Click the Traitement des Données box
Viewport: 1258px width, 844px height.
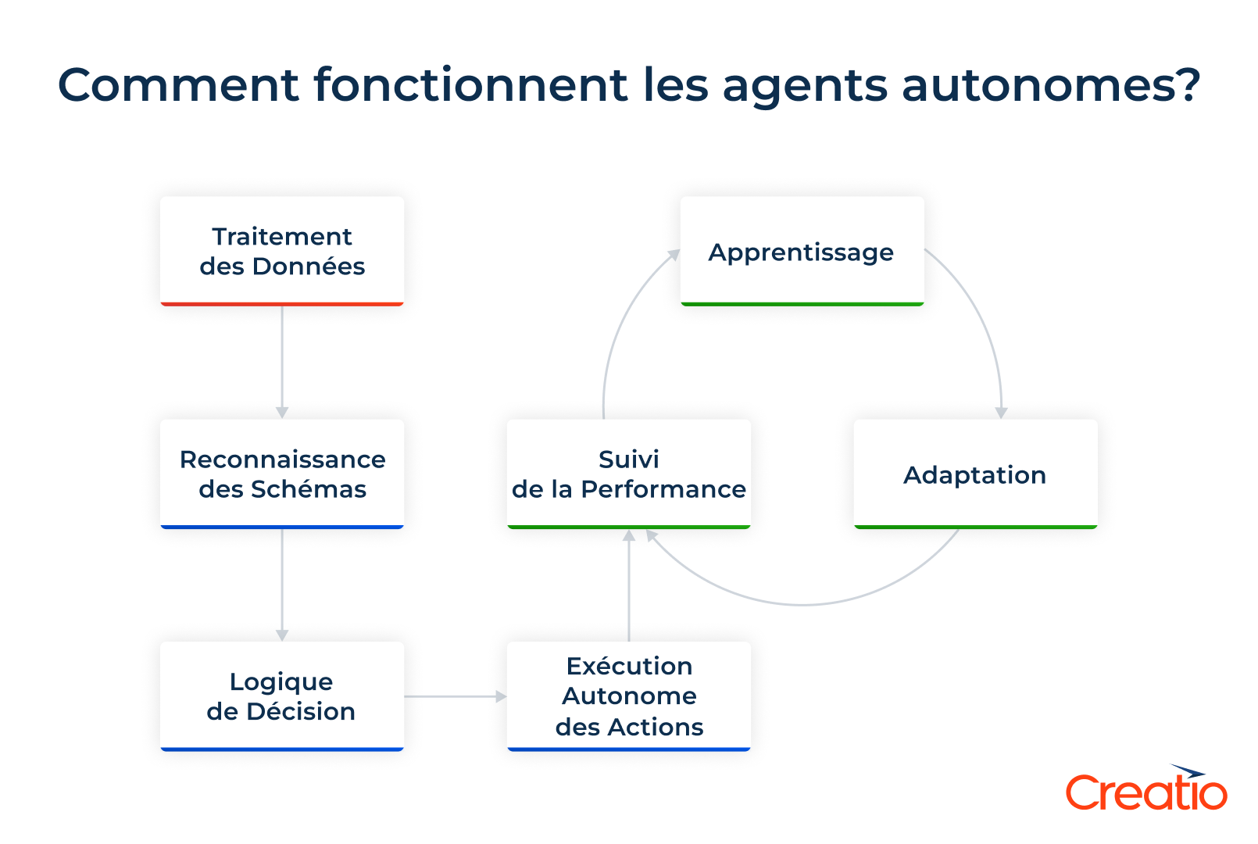pyautogui.click(x=282, y=251)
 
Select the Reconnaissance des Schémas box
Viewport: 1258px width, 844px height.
pyautogui.click(x=282, y=474)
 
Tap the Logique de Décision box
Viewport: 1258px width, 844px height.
pyautogui.click(x=282, y=696)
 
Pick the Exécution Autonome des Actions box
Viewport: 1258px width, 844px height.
pyautogui.click(x=629, y=696)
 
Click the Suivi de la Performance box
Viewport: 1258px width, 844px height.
pyautogui.click(x=629, y=474)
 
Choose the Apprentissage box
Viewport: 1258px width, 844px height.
pyautogui.click(x=802, y=251)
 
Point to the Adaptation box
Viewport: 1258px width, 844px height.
pyautogui.click(x=975, y=474)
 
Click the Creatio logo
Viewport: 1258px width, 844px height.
pyautogui.click(x=1146, y=789)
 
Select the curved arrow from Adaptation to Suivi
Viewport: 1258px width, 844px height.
pyautogui.click(x=805, y=604)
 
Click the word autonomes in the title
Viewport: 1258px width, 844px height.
pyautogui.click(x=1050, y=84)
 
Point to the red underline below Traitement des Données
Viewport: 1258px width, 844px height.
pyautogui.click(x=282, y=304)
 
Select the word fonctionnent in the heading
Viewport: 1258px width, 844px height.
pyautogui.click(x=470, y=84)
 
